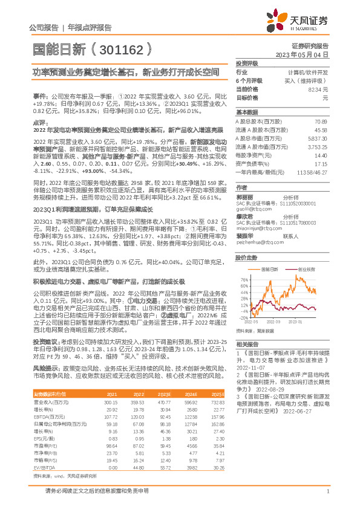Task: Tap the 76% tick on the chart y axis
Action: (243, 280)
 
